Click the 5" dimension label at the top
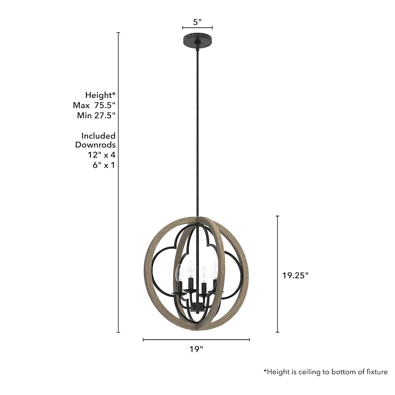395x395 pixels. point(197,22)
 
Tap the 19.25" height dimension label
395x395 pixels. point(295,275)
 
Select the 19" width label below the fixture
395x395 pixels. point(196,349)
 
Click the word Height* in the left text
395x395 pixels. point(100,95)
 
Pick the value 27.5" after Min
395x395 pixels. point(105,115)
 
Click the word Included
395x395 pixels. point(98,136)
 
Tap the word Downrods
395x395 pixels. point(95,145)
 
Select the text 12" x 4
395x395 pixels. point(102,155)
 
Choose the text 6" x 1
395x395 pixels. point(104,165)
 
